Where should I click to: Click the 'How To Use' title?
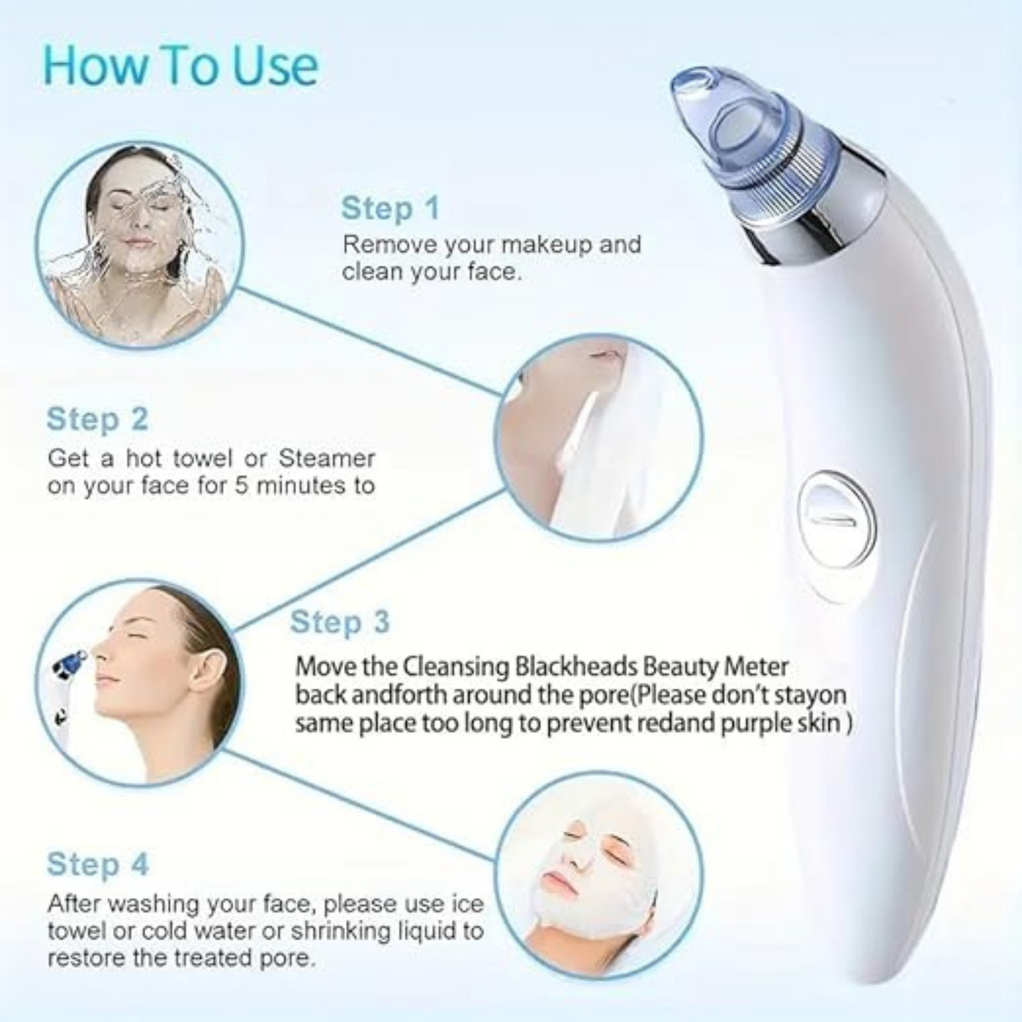180,66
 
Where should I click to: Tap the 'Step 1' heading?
390,208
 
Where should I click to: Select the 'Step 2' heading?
97,418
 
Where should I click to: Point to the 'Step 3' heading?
340,622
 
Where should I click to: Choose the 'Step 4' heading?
97,864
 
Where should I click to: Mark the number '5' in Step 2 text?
240,486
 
